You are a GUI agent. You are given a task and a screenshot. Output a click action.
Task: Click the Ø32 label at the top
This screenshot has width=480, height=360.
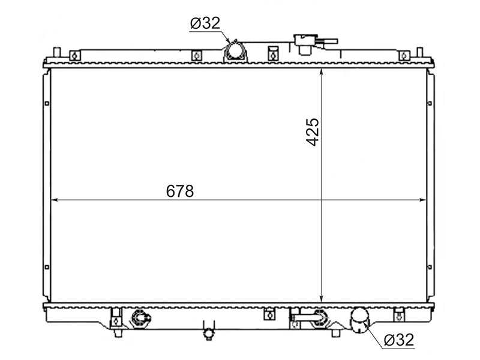[x=205, y=23]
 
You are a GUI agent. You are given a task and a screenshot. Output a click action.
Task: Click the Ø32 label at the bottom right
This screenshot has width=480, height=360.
[x=399, y=340]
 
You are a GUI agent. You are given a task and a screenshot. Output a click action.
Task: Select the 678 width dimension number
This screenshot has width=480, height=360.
[x=180, y=191]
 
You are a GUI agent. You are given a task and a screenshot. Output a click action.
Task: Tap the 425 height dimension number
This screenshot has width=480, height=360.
[x=313, y=132]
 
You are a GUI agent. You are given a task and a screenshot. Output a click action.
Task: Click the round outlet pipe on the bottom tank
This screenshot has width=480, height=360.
[x=359, y=320]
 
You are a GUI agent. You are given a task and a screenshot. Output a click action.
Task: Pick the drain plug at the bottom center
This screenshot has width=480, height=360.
[x=208, y=333]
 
